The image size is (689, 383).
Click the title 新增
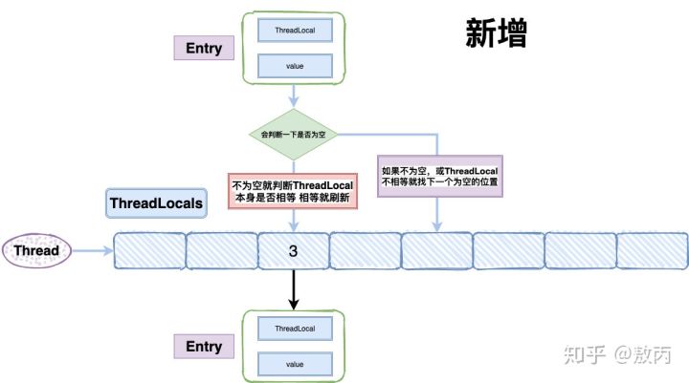click(496, 35)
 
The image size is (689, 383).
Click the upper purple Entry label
click(203, 49)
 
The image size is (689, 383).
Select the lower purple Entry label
click(203, 346)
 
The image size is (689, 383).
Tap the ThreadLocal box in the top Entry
click(295, 30)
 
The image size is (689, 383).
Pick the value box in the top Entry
click(295, 66)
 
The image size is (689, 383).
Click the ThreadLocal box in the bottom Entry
click(295, 328)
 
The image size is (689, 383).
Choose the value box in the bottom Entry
click(295, 363)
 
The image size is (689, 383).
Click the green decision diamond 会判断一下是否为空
click(295, 135)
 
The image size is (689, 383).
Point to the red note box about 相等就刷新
click(292, 190)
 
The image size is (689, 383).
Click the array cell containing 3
click(294, 251)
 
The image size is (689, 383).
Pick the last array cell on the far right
click(651, 251)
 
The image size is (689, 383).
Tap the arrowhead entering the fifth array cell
click(438, 226)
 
